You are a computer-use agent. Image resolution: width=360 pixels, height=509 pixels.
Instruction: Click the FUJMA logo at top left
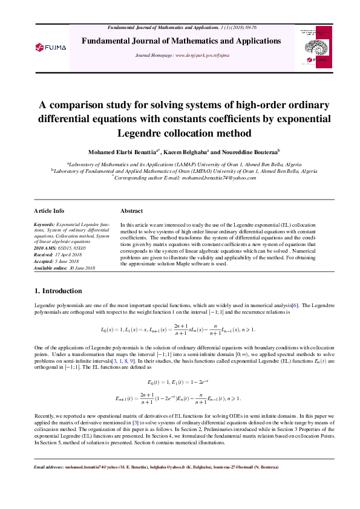click(x=50, y=47)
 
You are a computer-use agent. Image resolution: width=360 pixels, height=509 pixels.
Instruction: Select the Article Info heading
click(x=49, y=211)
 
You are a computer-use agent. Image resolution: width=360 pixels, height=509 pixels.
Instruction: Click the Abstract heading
click(x=131, y=211)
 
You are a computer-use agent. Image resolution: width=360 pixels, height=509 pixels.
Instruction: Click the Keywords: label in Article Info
click(x=44, y=224)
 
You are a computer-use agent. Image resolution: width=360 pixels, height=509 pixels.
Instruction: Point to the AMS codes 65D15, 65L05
click(x=74, y=248)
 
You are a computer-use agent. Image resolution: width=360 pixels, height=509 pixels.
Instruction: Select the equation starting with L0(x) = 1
click(x=178, y=329)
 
